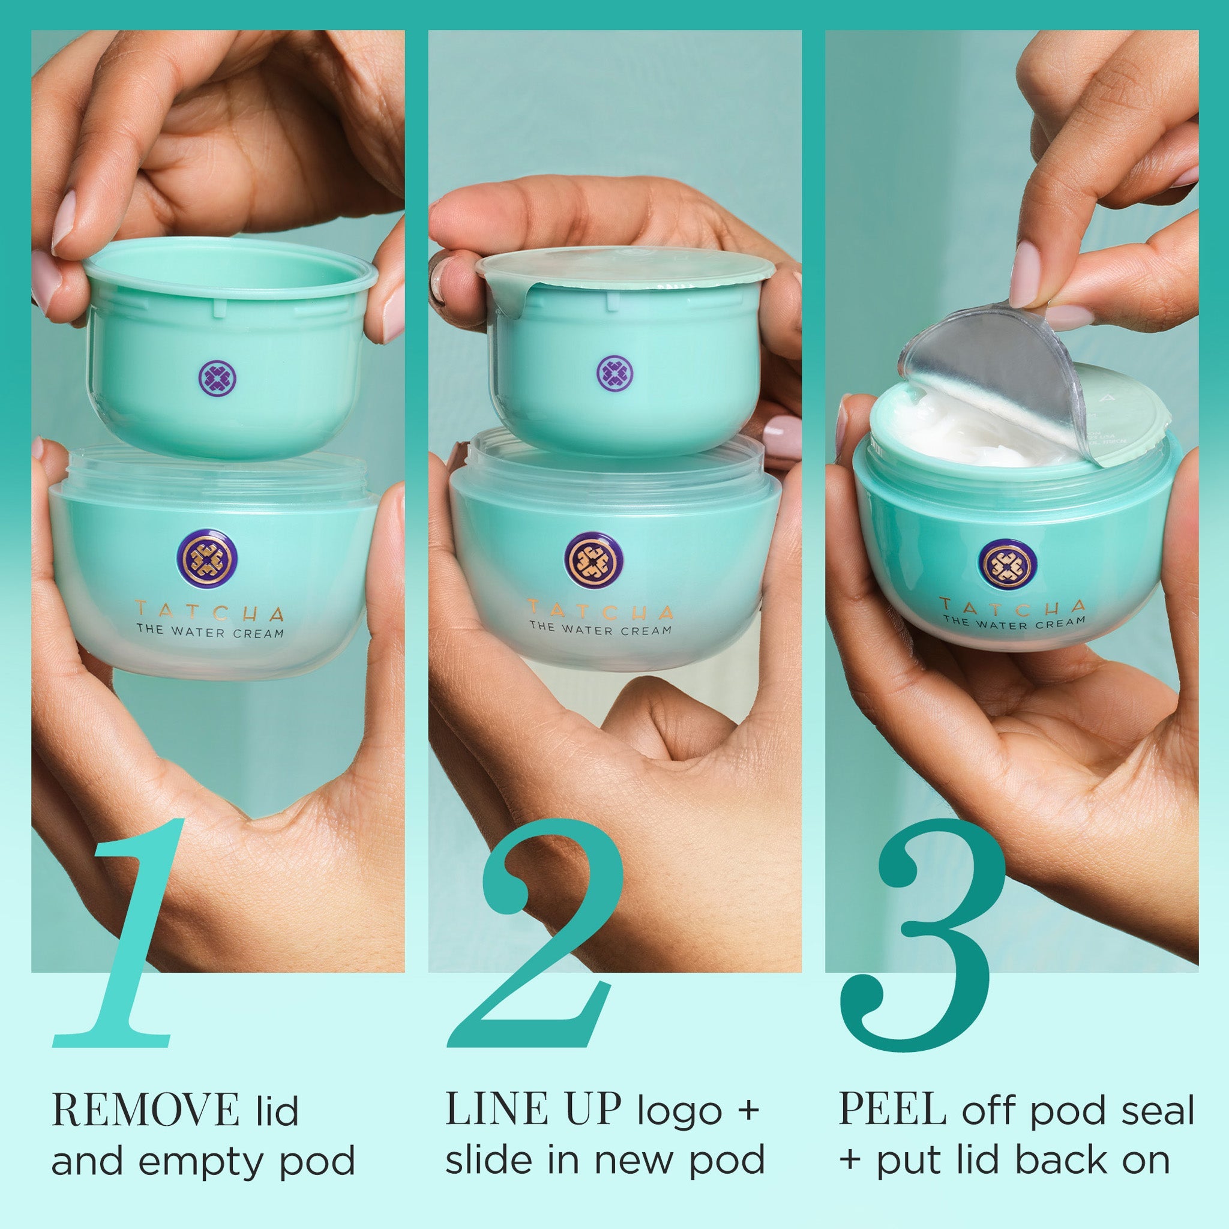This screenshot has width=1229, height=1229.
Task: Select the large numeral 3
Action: [922, 935]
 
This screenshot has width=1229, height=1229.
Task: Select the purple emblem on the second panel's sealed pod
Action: [614, 373]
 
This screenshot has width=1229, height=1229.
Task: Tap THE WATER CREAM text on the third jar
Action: [1014, 623]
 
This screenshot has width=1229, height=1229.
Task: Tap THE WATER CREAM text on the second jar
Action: [601, 630]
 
